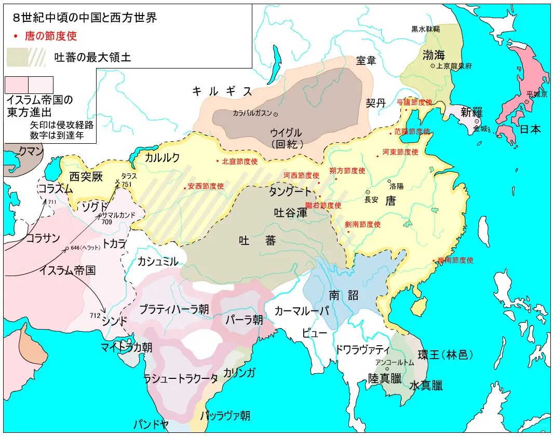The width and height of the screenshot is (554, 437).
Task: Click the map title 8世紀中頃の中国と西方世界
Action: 85,17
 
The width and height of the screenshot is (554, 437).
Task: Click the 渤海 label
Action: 434,54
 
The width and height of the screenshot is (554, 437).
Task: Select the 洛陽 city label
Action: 396,185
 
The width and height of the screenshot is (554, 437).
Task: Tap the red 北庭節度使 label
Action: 239,161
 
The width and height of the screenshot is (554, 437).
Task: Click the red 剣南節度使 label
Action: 362,225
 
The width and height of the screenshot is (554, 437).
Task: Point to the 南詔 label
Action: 344,295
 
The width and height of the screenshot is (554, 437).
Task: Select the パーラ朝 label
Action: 244,319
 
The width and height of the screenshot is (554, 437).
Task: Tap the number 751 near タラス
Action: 127,184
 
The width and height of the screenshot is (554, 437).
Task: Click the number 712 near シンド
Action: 94,316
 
